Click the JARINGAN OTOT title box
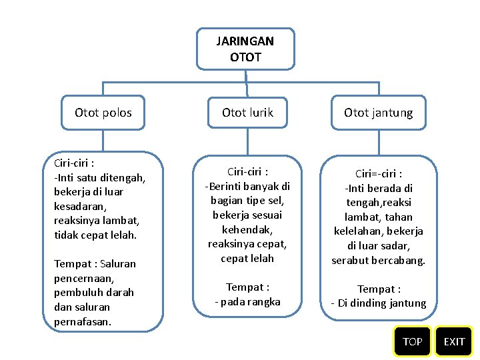245,49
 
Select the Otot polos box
103,113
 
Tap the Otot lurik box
247,113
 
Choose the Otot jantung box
378,113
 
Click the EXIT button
454,341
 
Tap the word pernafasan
83,321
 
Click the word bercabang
399,260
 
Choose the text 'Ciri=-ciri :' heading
378,173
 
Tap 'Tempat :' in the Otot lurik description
247,287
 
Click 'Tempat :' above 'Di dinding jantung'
378,289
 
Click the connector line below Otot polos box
103,140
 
